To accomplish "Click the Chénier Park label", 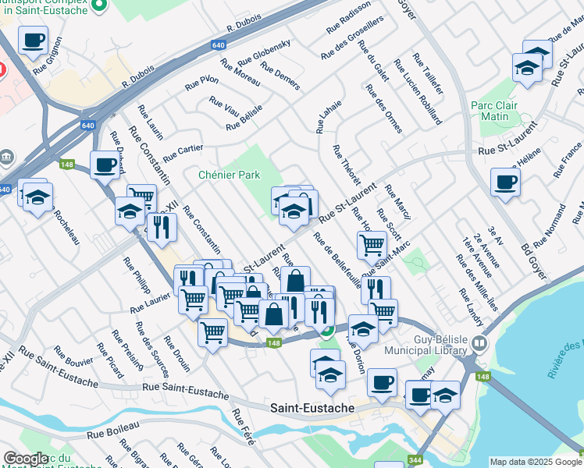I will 229,175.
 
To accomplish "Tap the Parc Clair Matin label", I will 490,111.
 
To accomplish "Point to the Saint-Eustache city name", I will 312,408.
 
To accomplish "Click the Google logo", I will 25,459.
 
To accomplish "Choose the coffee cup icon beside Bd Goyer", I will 505,182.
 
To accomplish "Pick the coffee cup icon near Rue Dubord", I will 105,164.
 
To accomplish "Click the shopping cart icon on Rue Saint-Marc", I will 372,245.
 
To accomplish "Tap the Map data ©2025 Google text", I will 536,462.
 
